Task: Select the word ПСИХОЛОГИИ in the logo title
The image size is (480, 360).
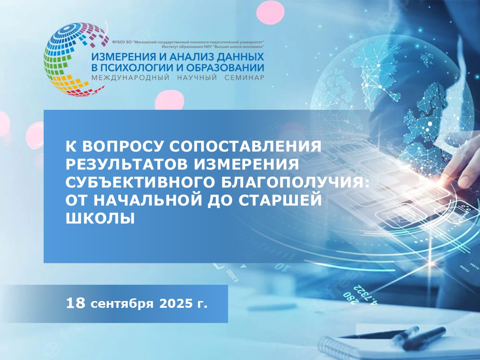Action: [x=135, y=67]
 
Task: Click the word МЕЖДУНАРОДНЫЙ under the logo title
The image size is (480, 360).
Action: [x=131, y=77]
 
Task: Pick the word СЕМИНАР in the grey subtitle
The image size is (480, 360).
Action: [x=244, y=77]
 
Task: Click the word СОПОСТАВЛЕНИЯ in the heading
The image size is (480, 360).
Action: [x=245, y=146]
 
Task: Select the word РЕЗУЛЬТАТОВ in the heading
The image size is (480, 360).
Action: [x=127, y=164]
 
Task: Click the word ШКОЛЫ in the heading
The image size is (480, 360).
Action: [x=100, y=218]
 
